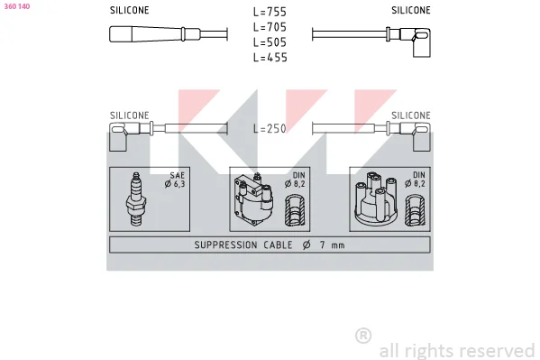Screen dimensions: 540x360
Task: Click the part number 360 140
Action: click(17, 6)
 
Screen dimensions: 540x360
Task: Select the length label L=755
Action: click(270, 12)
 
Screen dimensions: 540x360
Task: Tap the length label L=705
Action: click(270, 27)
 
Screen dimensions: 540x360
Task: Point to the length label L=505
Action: click(270, 42)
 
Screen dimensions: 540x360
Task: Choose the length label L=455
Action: click(270, 57)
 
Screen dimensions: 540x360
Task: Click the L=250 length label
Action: click(270, 129)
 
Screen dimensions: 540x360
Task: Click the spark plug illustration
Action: click(136, 199)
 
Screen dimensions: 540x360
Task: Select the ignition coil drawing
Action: click(254, 199)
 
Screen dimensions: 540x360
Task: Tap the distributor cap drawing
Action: click(376, 198)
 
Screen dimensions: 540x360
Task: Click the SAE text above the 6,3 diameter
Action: click(178, 175)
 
